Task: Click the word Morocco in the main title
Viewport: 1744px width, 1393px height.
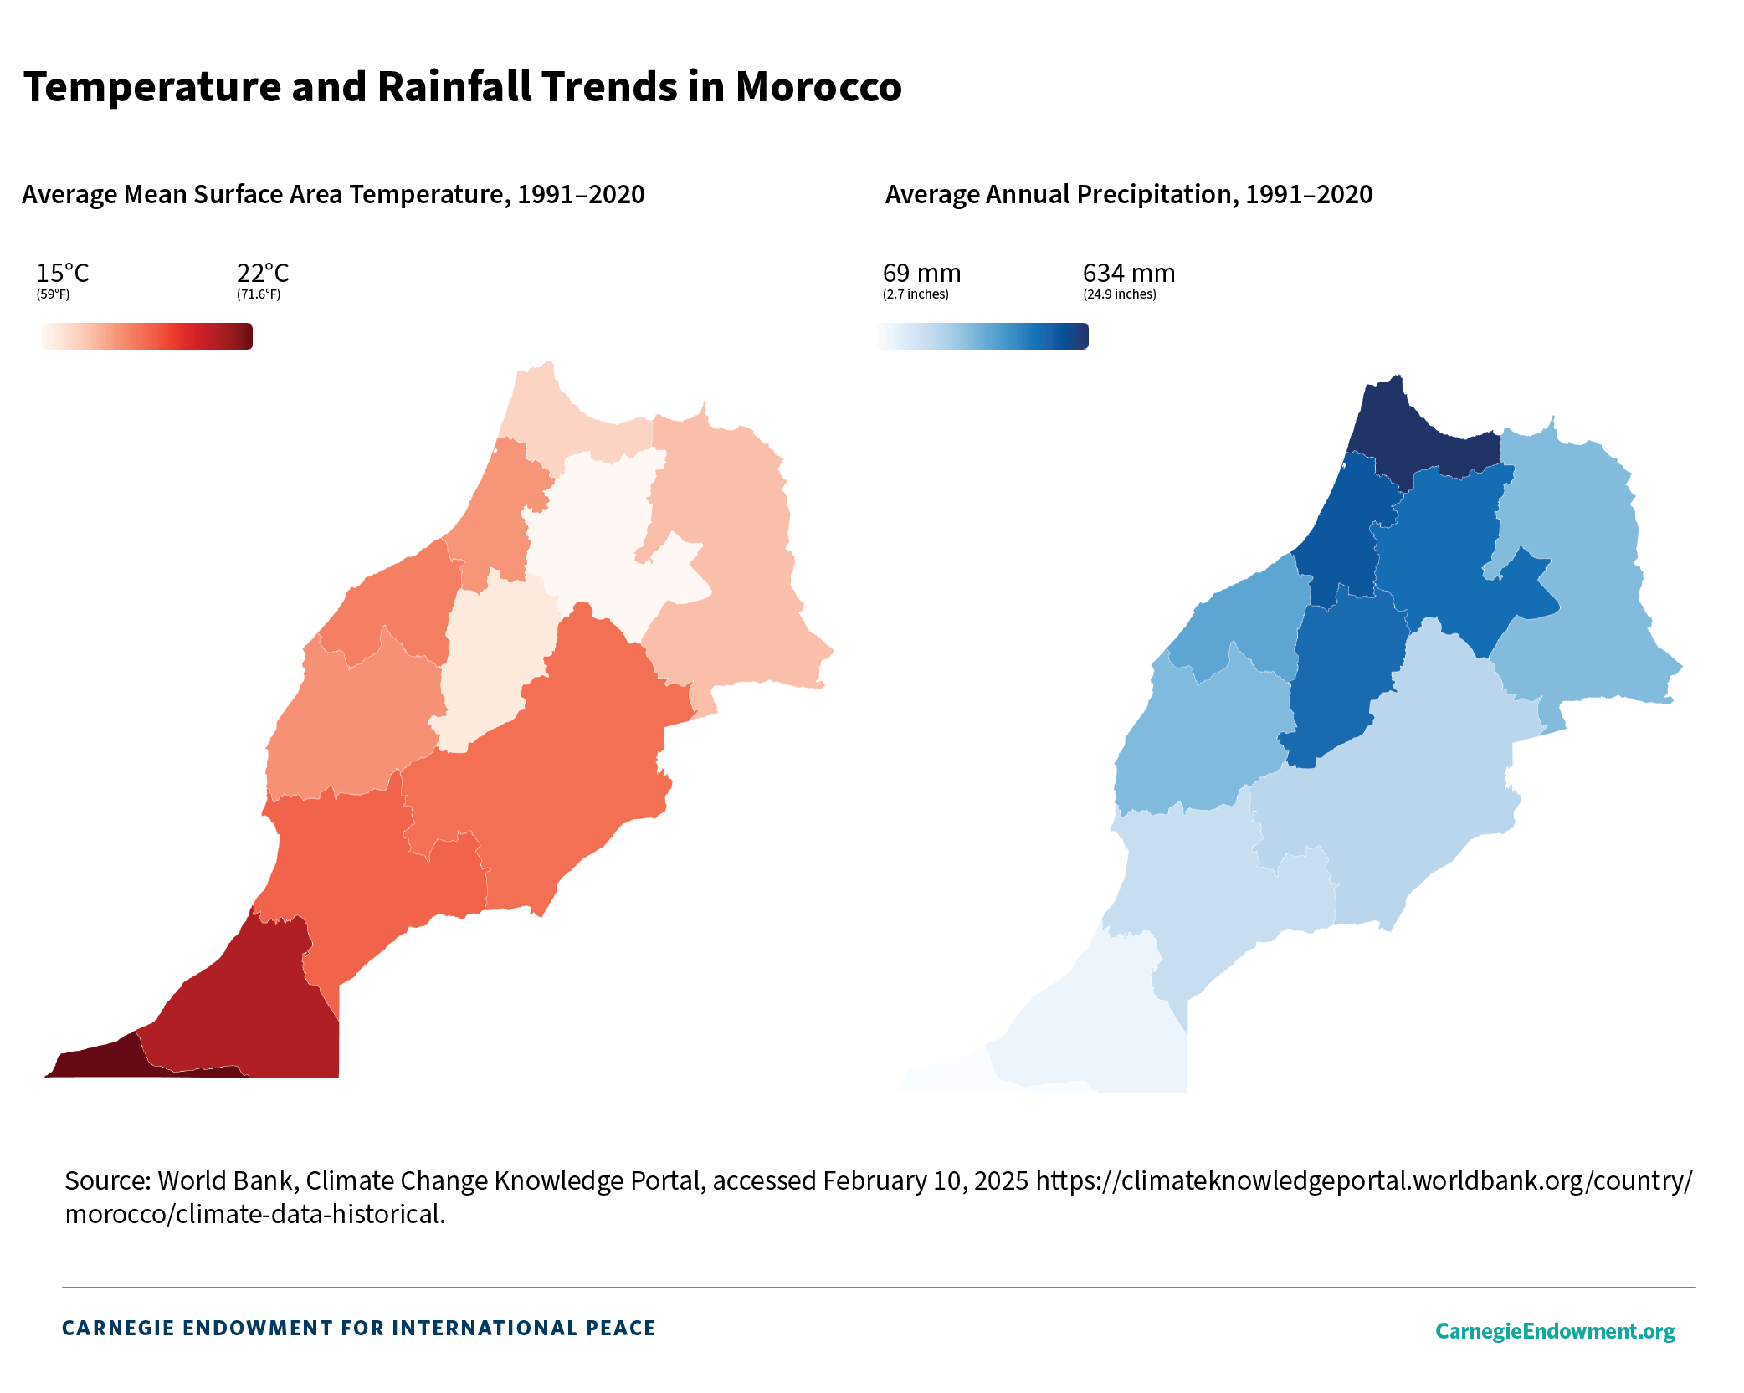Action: tap(818, 87)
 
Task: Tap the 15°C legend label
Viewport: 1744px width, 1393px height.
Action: tap(62, 274)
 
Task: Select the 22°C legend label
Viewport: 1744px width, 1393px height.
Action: tap(263, 274)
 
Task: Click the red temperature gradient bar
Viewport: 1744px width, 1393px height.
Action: tap(146, 336)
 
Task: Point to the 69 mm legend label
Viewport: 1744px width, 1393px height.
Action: tap(921, 274)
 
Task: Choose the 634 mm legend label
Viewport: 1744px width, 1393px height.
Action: tap(1128, 274)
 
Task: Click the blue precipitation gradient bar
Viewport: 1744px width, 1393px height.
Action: tap(982, 336)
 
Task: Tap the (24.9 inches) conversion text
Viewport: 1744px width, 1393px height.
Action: tap(1119, 294)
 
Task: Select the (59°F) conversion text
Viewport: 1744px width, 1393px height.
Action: tap(53, 294)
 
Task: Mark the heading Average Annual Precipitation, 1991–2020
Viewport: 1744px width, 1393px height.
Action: tap(1128, 195)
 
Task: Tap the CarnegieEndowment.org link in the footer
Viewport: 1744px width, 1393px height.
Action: tap(1555, 1331)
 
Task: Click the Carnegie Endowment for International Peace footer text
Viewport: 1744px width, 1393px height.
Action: tap(359, 1329)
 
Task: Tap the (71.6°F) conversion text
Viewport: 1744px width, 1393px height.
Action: tap(259, 294)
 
